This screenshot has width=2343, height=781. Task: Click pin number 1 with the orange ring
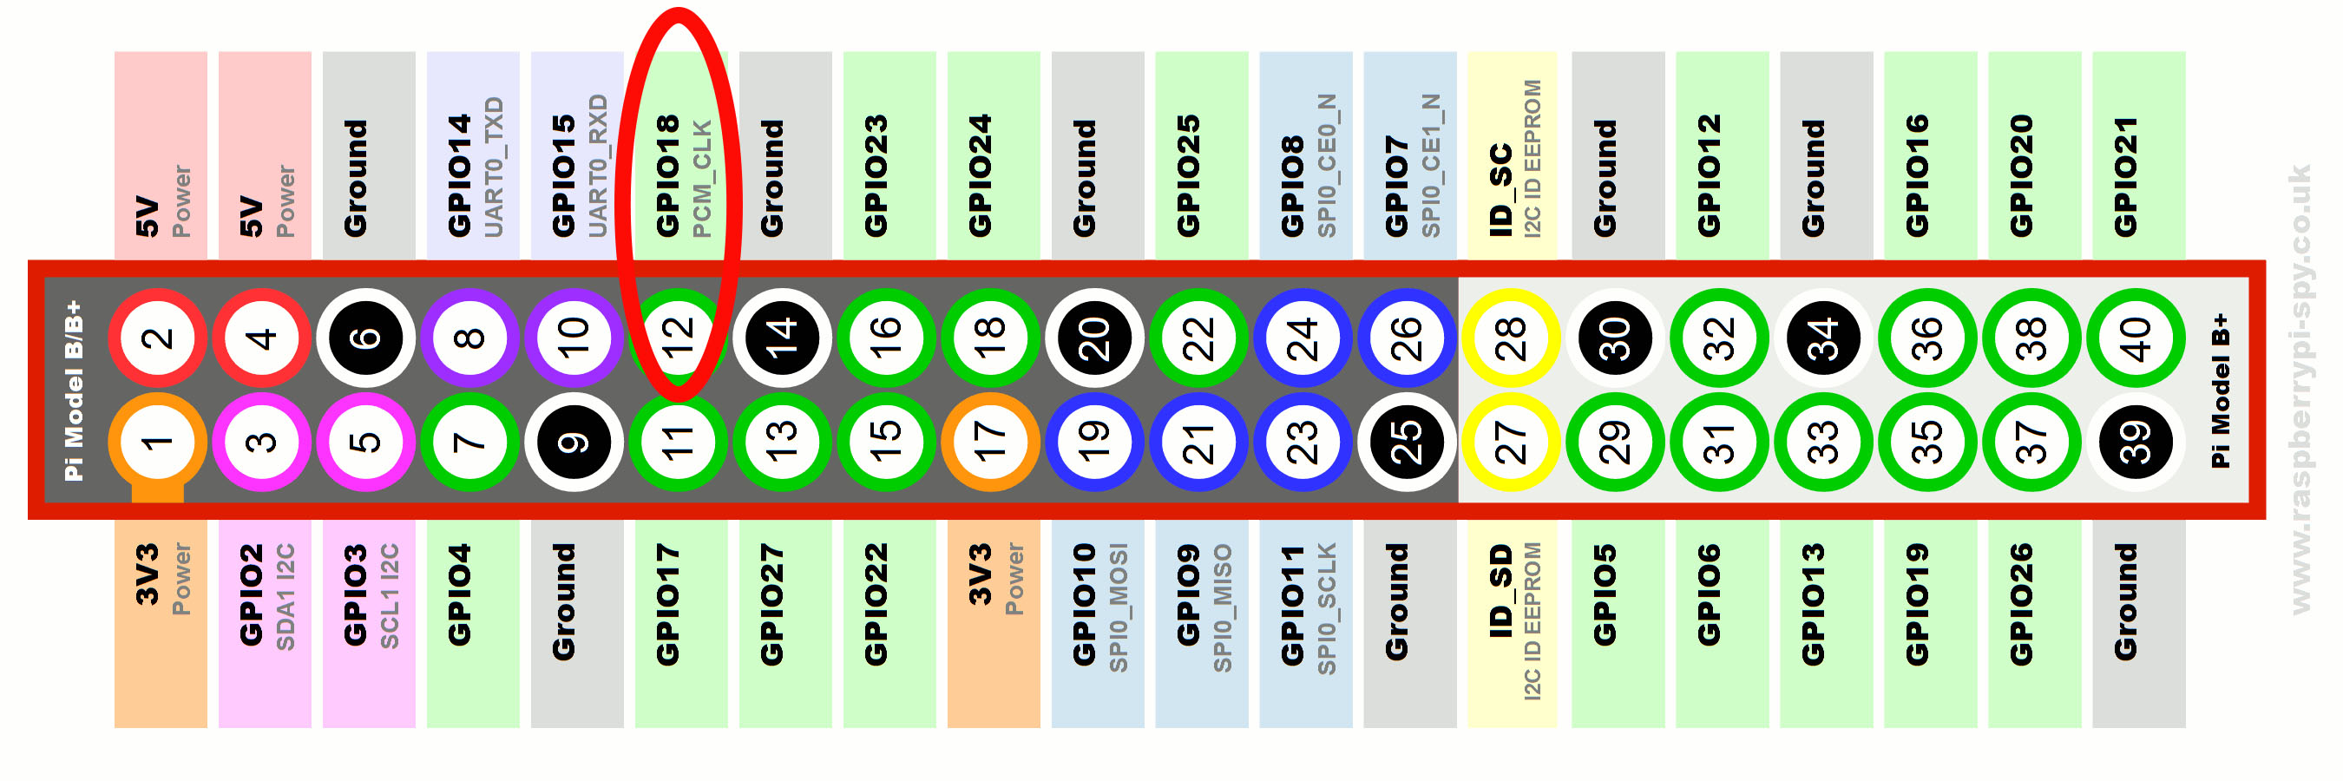(157, 443)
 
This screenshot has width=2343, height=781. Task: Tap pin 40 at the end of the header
(2135, 338)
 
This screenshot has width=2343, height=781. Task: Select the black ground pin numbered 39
(2135, 443)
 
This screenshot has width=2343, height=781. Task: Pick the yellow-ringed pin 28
(1510, 338)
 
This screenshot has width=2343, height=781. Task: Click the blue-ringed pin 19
(1094, 443)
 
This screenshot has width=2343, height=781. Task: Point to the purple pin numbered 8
(469, 338)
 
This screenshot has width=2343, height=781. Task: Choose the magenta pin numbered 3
(262, 443)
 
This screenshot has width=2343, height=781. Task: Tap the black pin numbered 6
(365, 338)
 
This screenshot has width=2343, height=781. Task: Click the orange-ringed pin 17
(989, 443)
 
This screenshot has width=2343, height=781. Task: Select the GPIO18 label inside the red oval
(667, 175)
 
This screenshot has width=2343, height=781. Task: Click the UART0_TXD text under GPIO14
(494, 167)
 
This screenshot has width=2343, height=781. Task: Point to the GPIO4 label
(460, 595)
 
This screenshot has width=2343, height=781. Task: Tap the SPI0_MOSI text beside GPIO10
(1119, 608)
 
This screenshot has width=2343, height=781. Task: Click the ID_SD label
(1500, 591)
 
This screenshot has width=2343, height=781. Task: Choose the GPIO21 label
(2125, 177)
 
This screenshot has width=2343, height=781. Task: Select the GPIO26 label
(2021, 605)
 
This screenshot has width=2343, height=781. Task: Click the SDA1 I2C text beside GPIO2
(285, 597)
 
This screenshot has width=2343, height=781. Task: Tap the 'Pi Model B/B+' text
(74, 391)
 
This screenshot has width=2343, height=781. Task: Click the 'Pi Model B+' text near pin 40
(2221, 391)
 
